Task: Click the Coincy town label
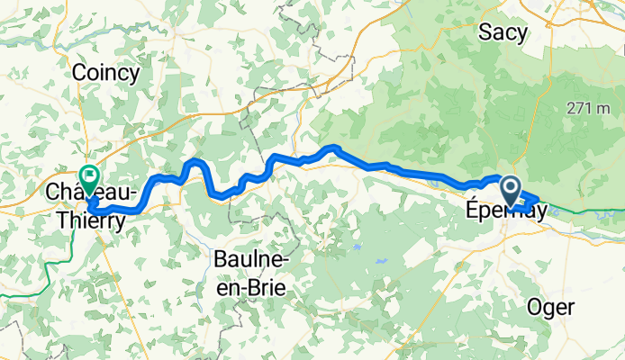click(x=105, y=73)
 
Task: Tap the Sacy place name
click(x=503, y=33)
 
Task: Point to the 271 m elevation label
click(x=589, y=108)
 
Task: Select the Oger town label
click(x=551, y=307)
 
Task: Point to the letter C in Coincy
click(x=78, y=73)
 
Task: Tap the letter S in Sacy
click(x=485, y=33)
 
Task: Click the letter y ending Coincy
click(x=133, y=75)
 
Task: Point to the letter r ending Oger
click(x=570, y=308)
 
